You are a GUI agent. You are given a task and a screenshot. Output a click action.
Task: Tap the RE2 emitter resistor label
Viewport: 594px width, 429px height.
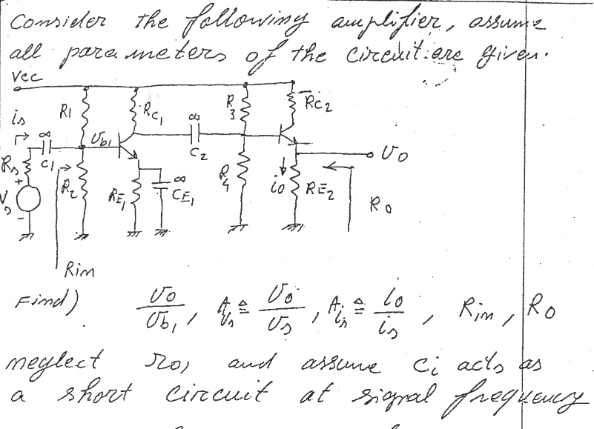point(320,196)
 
